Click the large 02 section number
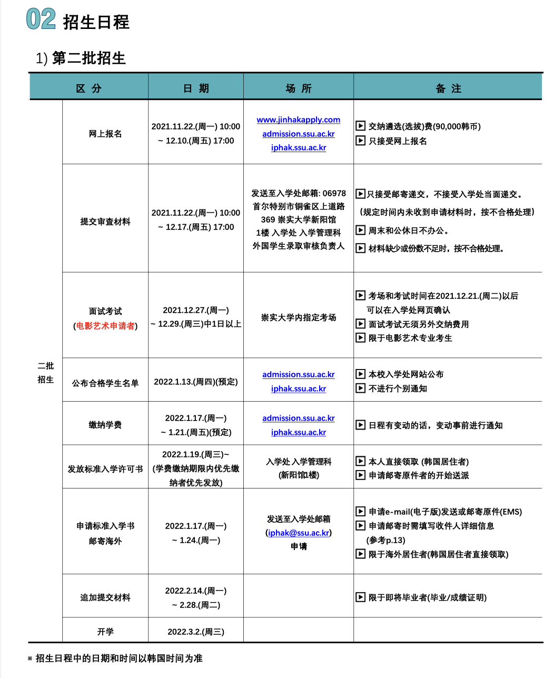[41, 19]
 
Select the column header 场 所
[298, 88]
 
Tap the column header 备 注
[448, 88]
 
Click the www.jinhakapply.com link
[298, 120]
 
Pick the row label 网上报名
[105, 134]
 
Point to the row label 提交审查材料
[105, 222]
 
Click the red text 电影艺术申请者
[105, 326]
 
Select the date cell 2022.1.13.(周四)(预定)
[196, 382]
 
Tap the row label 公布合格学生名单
[105, 383]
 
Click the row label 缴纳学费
[105, 425]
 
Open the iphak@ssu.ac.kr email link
[299, 533]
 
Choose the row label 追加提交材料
[105, 597]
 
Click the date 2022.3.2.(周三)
[196, 632]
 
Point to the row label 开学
[105, 632]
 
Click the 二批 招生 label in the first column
[46, 373]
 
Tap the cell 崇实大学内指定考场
[299, 317]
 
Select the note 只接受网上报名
[398, 141]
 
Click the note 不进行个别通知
[398, 388]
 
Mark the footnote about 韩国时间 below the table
[118, 659]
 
